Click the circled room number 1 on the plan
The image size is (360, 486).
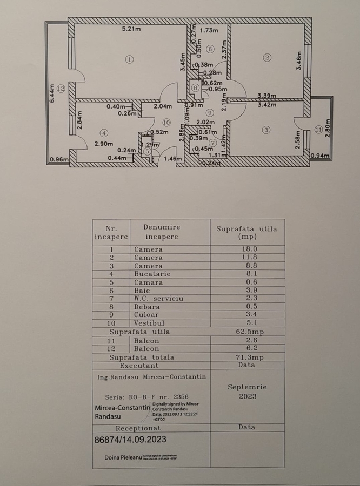tap(129, 59)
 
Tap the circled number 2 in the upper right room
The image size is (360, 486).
tap(267, 58)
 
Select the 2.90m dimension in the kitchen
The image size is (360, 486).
tap(103, 144)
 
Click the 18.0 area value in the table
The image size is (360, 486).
tap(246, 249)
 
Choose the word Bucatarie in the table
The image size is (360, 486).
tap(152, 274)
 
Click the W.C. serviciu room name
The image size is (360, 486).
tap(159, 298)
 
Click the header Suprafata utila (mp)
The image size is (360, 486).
tap(246, 232)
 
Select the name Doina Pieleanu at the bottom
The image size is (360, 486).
tap(123, 457)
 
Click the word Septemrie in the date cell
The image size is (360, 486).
tap(247, 387)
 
